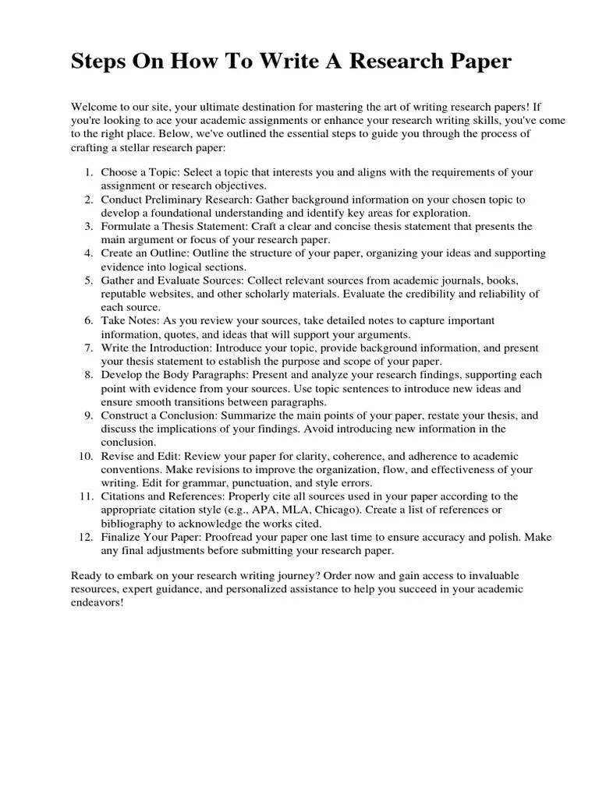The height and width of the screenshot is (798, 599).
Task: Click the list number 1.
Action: point(90,172)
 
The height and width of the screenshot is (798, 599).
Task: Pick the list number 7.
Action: point(90,348)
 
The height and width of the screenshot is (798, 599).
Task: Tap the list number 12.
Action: point(87,538)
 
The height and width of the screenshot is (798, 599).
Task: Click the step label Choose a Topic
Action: point(139,172)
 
